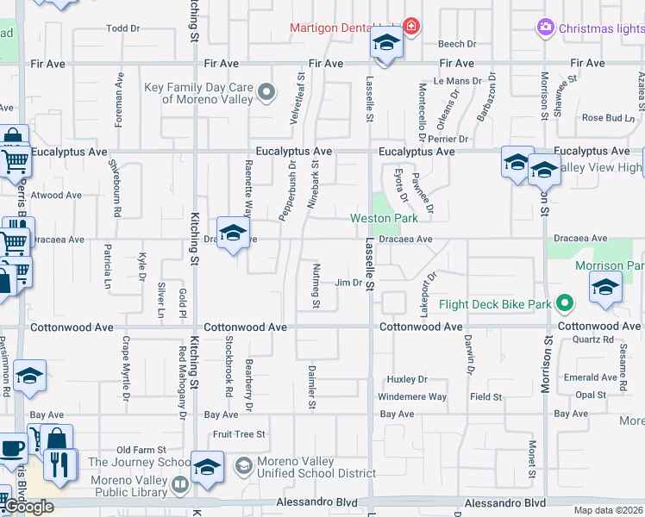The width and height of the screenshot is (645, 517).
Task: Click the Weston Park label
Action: pyautogui.click(x=384, y=219)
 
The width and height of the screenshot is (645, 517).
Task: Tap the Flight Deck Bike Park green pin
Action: pyautogui.click(x=565, y=304)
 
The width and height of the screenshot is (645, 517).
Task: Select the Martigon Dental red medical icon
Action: pyautogui.click(x=411, y=27)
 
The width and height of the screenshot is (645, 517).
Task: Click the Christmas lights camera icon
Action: pyautogui.click(x=545, y=28)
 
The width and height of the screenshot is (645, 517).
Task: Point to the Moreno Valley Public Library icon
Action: pyautogui.click(x=180, y=485)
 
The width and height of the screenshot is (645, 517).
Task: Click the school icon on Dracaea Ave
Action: pyautogui.click(x=232, y=233)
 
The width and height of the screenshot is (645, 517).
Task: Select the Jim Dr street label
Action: pyautogui.click(x=348, y=283)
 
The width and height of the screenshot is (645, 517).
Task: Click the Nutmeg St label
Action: pyautogui.click(x=316, y=285)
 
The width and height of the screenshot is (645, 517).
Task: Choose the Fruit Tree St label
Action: pyautogui.click(x=240, y=434)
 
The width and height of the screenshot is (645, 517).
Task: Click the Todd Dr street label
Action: pyautogui.click(x=122, y=28)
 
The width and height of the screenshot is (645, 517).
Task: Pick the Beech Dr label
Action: pyautogui.click(x=457, y=44)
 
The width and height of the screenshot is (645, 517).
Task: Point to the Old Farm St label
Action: pyautogui.click(x=141, y=450)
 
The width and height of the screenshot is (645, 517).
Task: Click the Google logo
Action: pyautogui.click(x=28, y=507)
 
